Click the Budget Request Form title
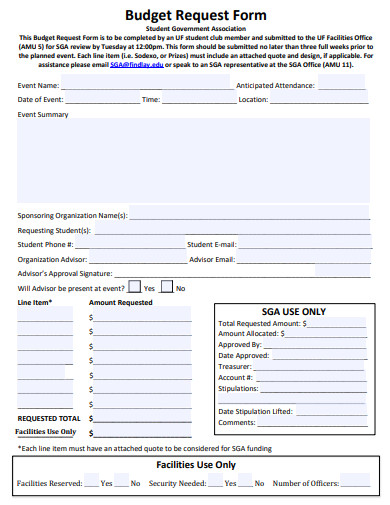click(x=196, y=15)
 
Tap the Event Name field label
click(x=39, y=86)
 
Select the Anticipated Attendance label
click(x=275, y=86)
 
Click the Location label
click(x=252, y=100)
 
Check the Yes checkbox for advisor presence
click(x=136, y=287)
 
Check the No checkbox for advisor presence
click(x=167, y=287)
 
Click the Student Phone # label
click(x=45, y=244)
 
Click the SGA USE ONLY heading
click(x=293, y=311)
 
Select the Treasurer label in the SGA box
click(x=236, y=367)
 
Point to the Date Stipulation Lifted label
click(x=255, y=411)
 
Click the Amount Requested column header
click(x=121, y=302)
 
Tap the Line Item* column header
click(x=35, y=302)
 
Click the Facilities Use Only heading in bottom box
click(x=196, y=465)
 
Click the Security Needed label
click(x=177, y=484)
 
